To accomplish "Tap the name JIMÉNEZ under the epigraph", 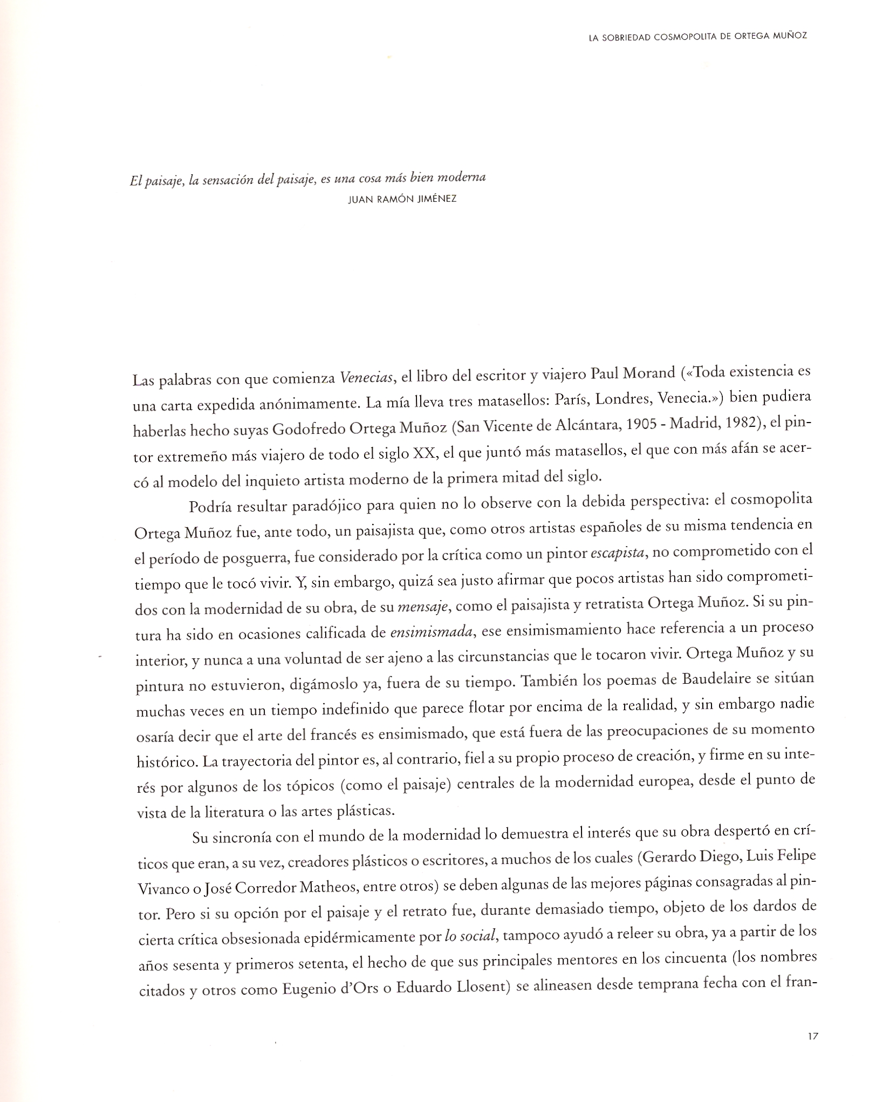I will pyautogui.click(x=437, y=199).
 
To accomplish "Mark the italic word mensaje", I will pyautogui.click(x=423, y=607).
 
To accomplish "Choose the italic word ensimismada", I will pyautogui.click(x=431, y=632).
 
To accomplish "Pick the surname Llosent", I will pyautogui.click(x=478, y=988).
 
